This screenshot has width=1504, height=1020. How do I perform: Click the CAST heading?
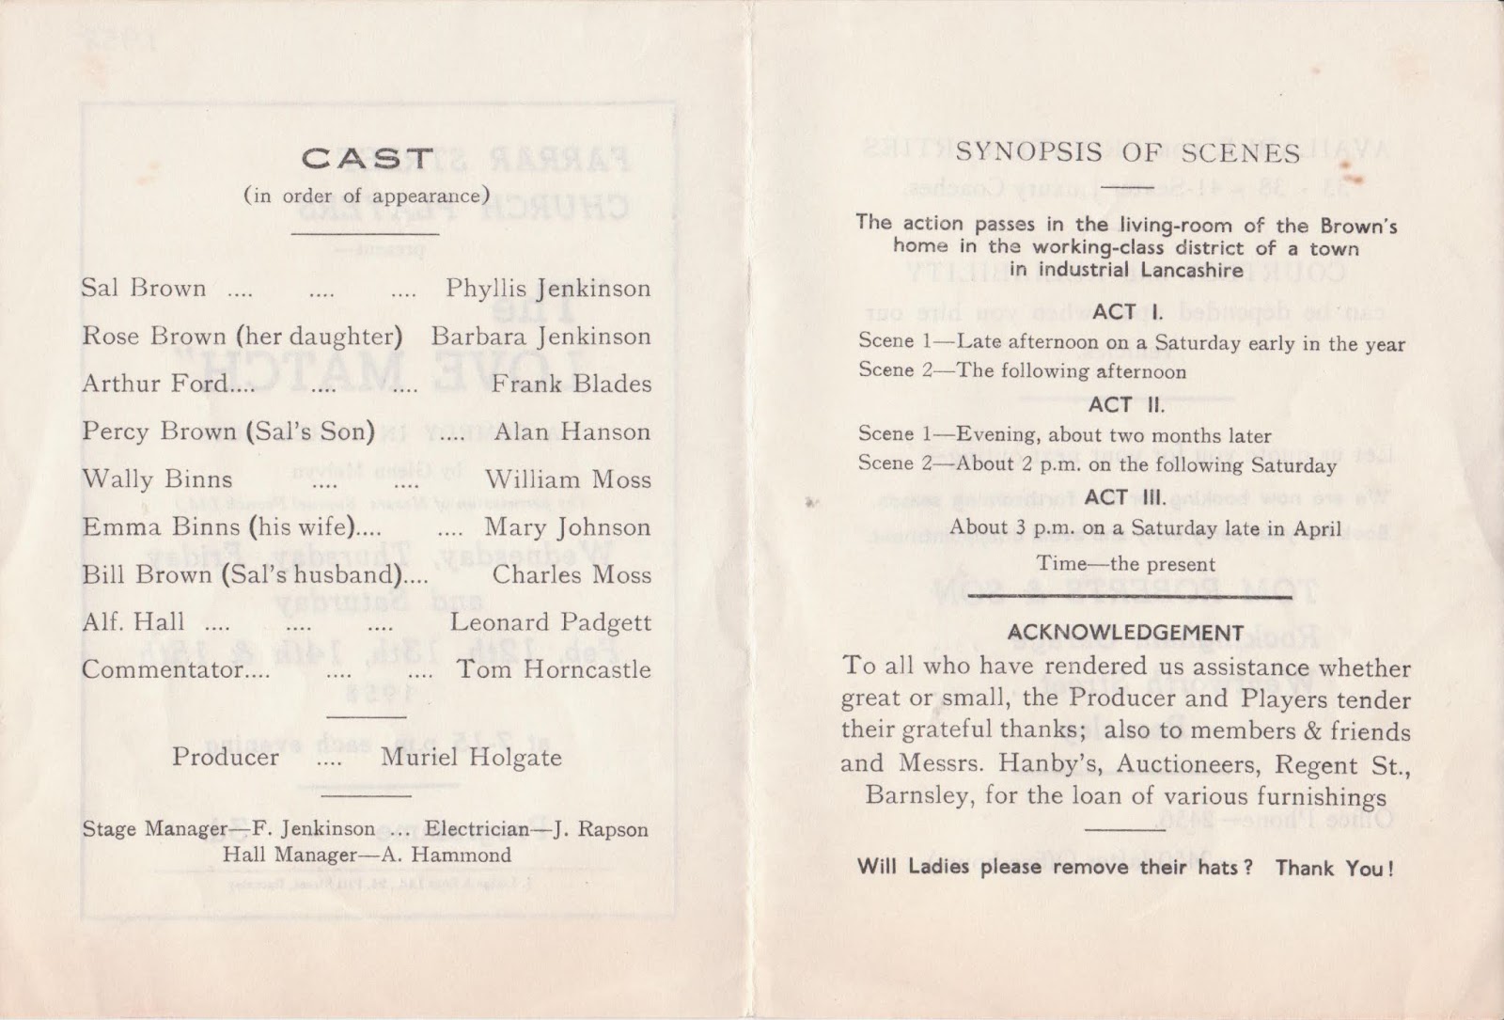pos(367,159)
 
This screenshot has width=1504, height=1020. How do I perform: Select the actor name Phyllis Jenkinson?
pos(548,289)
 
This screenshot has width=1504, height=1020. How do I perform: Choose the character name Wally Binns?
pos(157,479)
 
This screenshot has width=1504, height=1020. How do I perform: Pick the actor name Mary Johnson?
pos(567,527)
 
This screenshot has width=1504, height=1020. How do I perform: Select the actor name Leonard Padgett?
pos(550,622)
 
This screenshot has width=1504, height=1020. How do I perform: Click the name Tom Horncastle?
pos(554,669)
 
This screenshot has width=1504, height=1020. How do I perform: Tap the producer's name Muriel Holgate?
pos(471,758)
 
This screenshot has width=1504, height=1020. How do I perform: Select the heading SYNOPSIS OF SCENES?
pos(1128,153)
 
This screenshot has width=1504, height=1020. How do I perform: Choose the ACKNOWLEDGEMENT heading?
pos(1125,634)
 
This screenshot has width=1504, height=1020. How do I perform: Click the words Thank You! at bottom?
pos(1334,868)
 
